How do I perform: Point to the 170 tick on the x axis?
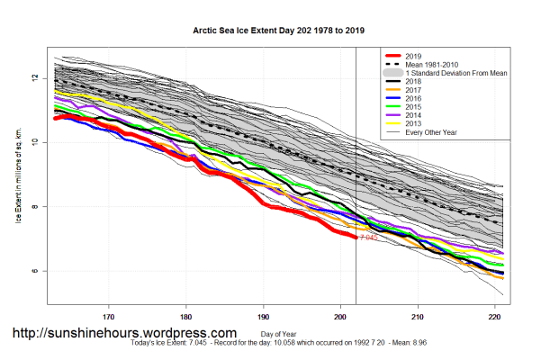108,317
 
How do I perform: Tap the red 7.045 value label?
367,238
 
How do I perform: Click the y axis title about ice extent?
18,174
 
